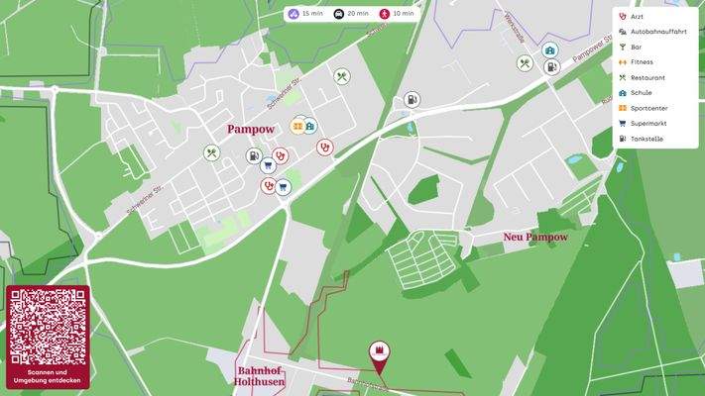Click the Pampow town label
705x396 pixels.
[250, 130]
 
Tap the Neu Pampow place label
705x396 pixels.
[534, 238]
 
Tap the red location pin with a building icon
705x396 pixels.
[379, 352]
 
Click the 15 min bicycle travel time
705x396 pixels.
[305, 14]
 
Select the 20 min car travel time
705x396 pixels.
[351, 14]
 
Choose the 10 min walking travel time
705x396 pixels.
[397, 14]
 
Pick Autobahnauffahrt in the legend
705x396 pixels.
[657, 32]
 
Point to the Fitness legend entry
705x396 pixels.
[642, 62]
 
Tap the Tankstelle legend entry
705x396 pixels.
[646, 139]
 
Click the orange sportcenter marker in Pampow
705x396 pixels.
[297, 126]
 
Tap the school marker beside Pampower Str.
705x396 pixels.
[550, 50]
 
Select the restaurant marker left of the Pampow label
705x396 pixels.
[211, 153]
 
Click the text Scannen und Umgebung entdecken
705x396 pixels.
[48, 376]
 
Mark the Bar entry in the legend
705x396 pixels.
[636, 47]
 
